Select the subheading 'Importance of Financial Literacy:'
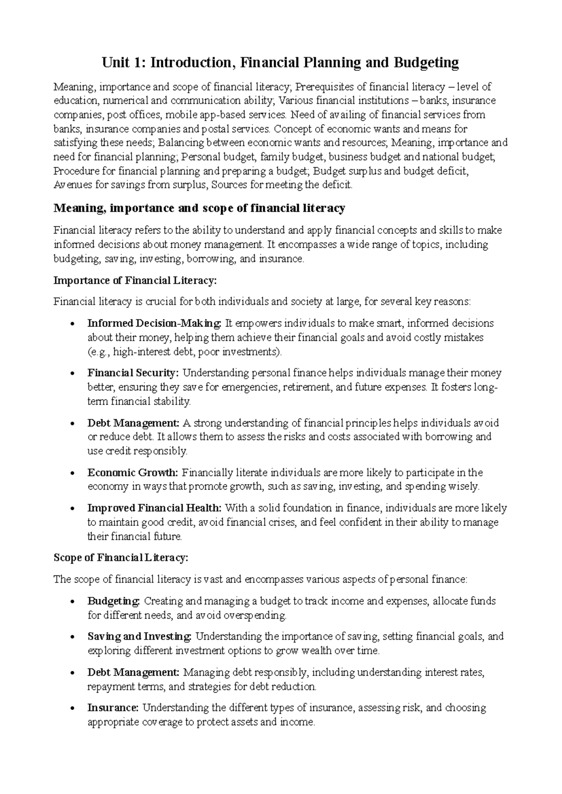[x=135, y=280]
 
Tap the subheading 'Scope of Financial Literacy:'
[x=121, y=558]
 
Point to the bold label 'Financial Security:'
[x=133, y=373]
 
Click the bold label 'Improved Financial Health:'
[x=155, y=508]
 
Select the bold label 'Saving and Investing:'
[x=140, y=636]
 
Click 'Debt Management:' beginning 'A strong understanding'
[x=133, y=423]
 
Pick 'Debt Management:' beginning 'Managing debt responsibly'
[x=133, y=672]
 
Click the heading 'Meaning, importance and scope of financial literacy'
[x=200, y=208]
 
